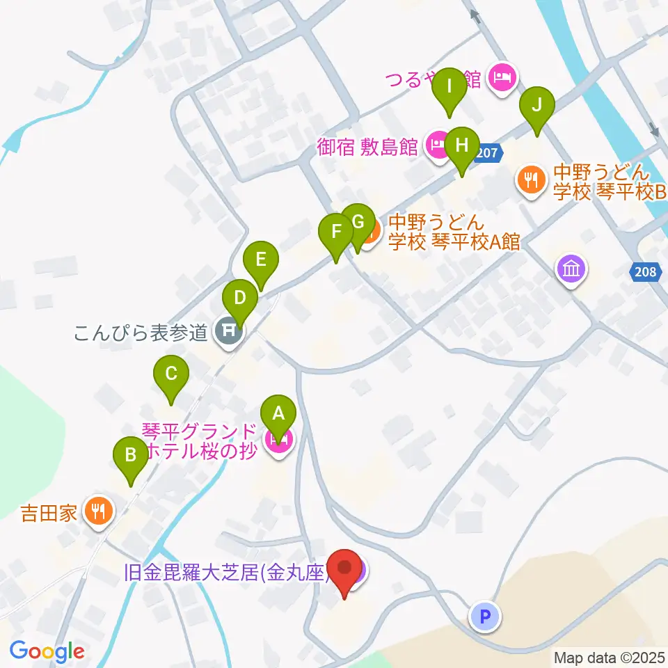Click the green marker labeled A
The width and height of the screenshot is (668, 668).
pyautogui.click(x=278, y=415)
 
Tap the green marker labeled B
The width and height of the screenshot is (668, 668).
pyautogui.click(x=130, y=456)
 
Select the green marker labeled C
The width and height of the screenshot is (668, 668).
pyautogui.click(x=170, y=376)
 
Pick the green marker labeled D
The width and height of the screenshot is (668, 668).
pyautogui.click(x=239, y=299)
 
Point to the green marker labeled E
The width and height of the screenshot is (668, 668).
pyautogui.click(x=261, y=260)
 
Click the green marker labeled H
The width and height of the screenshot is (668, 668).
pyautogui.click(x=461, y=146)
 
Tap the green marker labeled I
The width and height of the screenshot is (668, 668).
pyautogui.click(x=449, y=88)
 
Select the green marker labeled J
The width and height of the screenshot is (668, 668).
pyautogui.click(x=536, y=106)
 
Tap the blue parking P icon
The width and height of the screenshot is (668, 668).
pyautogui.click(x=486, y=616)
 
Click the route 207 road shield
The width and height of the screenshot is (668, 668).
pyautogui.click(x=488, y=154)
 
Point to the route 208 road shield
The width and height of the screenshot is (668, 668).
pyautogui.click(x=646, y=272)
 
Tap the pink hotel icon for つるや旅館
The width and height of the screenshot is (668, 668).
pyautogui.click(x=503, y=78)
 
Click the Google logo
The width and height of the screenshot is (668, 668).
pyautogui.click(x=47, y=651)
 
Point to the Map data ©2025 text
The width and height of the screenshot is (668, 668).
pyautogui.click(x=608, y=657)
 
